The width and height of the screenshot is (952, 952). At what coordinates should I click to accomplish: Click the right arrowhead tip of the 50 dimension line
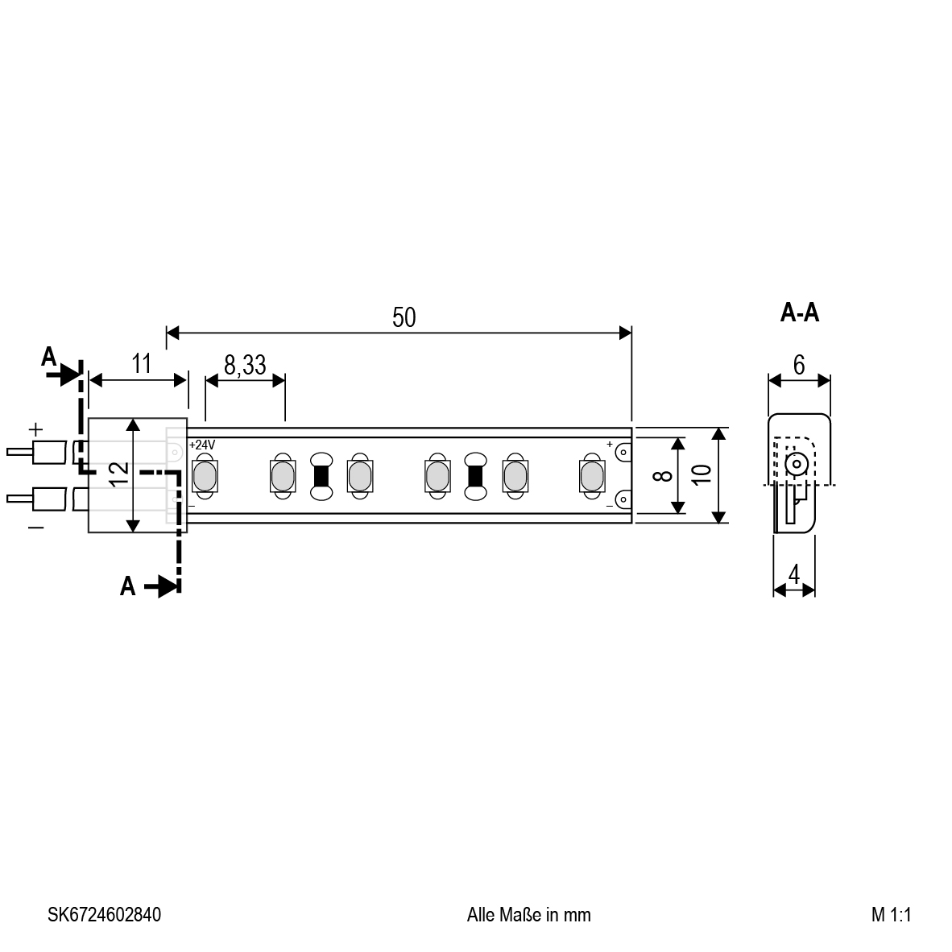(631, 333)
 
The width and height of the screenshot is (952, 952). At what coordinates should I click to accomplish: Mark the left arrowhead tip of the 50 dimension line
(167, 333)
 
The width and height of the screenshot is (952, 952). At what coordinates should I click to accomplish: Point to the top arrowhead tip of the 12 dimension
(133, 419)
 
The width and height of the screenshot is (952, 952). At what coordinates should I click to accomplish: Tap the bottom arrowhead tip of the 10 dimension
(719, 523)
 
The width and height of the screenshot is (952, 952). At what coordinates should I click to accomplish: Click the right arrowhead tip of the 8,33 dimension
(285, 381)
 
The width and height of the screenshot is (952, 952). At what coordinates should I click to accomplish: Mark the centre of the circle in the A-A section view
(796, 465)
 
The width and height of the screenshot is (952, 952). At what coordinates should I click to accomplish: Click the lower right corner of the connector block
(186, 532)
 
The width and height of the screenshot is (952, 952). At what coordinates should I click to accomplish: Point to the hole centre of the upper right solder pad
(623, 453)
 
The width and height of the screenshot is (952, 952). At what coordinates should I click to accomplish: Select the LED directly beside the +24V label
(205, 476)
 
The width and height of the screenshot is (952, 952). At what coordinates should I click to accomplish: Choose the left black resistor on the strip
(321, 476)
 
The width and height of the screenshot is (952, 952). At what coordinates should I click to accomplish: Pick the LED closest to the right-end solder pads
(592, 476)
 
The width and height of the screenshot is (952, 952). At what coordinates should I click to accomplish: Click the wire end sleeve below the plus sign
(48, 453)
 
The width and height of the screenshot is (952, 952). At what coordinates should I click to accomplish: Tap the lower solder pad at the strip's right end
(623, 499)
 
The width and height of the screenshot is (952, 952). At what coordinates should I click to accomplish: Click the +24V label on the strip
(202, 445)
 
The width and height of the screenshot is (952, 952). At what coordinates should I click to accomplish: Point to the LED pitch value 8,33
(246, 365)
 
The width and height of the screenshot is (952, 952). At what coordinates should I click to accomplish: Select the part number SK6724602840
(105, 915)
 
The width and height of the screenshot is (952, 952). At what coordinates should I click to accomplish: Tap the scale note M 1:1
(892, 915)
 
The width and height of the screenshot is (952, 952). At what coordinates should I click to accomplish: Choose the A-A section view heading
(800, 313)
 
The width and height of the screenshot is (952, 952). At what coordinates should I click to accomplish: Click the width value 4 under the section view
(794, 573)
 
